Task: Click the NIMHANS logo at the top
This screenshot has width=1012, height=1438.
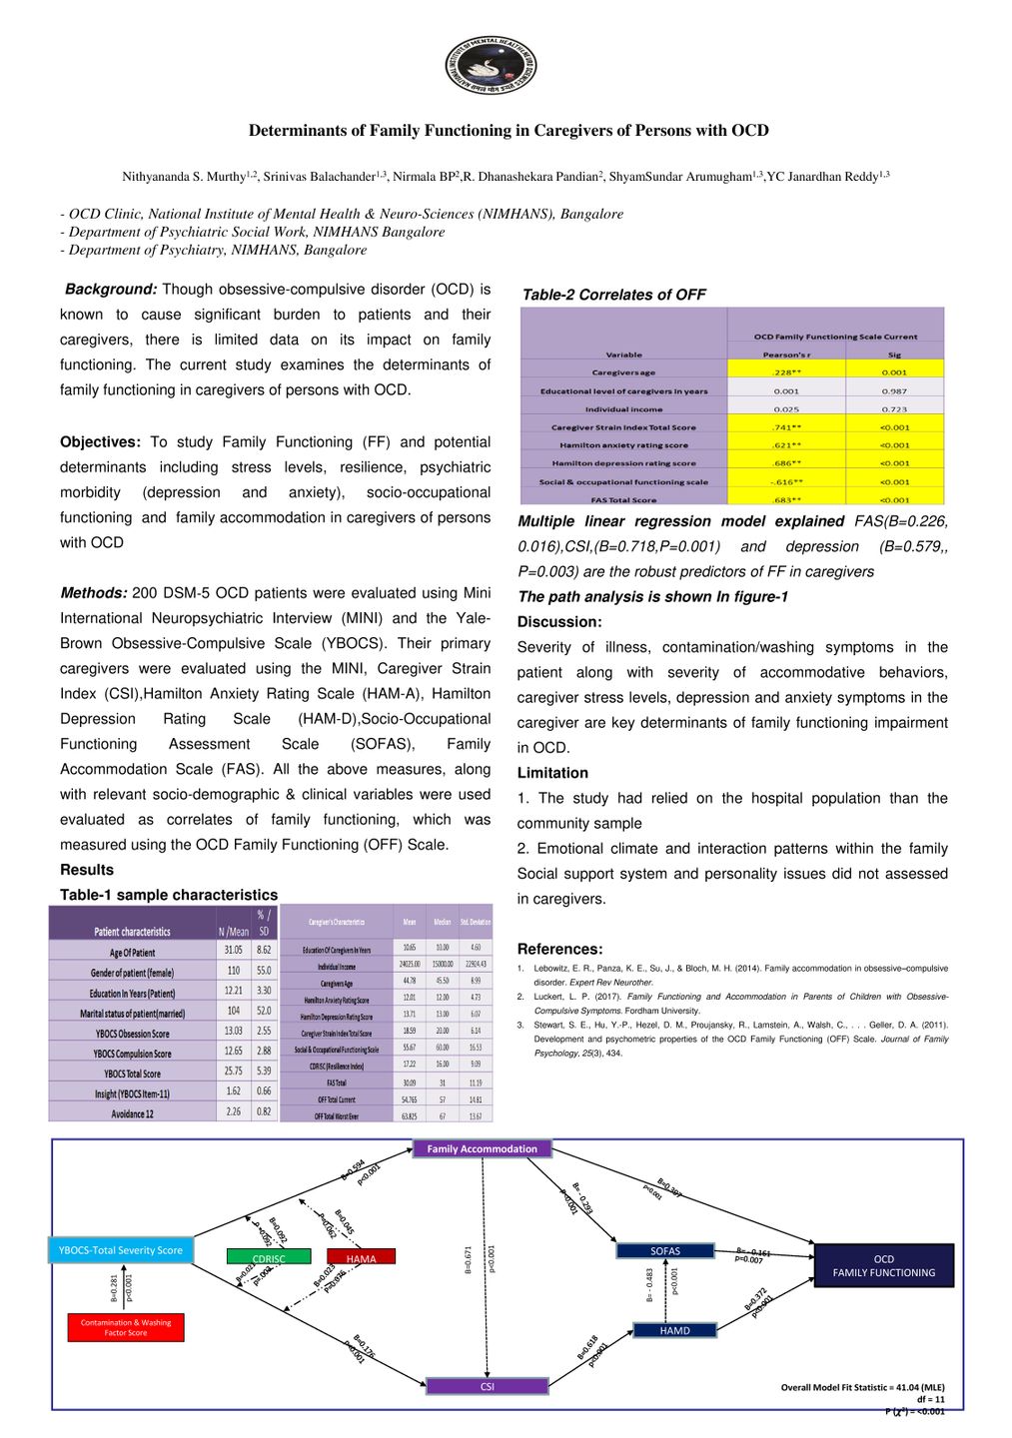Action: point(491,66)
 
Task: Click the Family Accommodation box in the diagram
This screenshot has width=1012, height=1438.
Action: point(482,1149)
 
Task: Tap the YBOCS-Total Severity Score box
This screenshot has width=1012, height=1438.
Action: point(120,1250)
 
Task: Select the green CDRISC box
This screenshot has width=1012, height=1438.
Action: point(269,1257)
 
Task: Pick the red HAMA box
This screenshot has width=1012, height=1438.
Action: point(361,1257)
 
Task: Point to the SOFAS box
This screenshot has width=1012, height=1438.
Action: point(665,1250)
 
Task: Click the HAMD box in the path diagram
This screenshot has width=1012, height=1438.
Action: point(674,1330)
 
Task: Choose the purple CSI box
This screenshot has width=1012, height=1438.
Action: point(487,1386)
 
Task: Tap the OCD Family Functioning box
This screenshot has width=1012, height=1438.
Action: point(884,1265)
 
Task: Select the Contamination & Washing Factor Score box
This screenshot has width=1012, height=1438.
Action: point(126,1327)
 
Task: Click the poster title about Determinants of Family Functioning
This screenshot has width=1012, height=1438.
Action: point(508,131)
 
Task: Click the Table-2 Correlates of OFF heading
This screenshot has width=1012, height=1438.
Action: point(613,295)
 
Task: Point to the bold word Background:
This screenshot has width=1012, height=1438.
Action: point(111,290)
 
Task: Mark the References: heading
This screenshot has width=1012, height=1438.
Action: point(559,950)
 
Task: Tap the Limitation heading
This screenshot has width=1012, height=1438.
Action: point(552,773)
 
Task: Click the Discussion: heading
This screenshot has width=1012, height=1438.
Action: point(559,622)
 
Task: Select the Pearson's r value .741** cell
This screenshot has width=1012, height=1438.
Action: point(787,427)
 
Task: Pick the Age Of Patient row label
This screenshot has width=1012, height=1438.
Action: point(132,953)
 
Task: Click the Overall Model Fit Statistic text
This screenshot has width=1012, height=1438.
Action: point(862,1387)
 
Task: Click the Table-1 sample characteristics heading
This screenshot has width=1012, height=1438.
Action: point(169,895)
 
